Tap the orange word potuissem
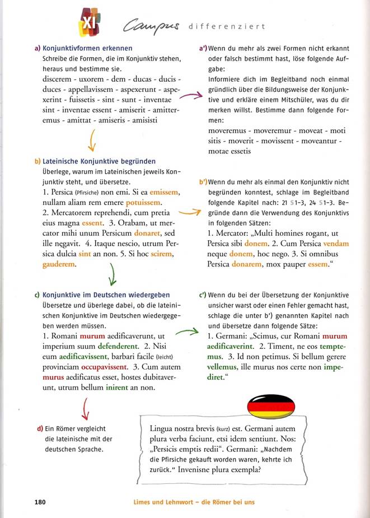[144, 202]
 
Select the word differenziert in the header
[227, 26]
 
